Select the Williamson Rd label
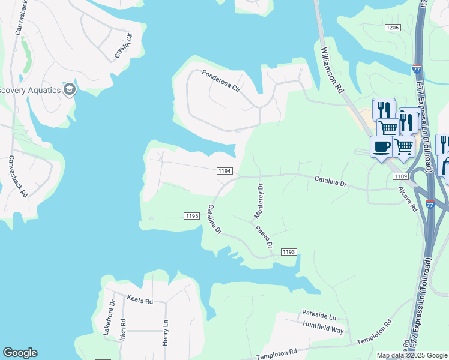[x=331, y=70]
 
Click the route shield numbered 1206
[x=393, y=28]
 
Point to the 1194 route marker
[x=224, y=171]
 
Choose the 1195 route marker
[x=191, y=215]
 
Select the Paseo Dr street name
[x=264, y=236]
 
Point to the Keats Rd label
[x=140, y=299]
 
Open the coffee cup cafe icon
[x=382, y=146]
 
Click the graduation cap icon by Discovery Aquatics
[x=70, y=90]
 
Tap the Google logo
[x=20, y=353]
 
